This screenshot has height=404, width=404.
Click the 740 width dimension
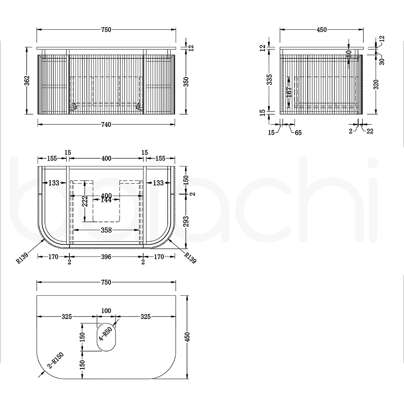click(x=106, y=125)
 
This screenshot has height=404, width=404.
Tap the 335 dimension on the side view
click(x=269, y=80)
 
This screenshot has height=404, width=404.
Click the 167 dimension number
click(x=289, y=92)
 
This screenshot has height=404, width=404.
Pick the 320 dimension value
click(x=376, y=84)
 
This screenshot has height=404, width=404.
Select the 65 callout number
click(x=298, y=133)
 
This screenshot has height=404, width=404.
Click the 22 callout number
click(x=370, y=131)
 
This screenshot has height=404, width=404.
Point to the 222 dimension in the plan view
click(x=86, y=201)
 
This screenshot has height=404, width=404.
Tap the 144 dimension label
click(x=106, y=200)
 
